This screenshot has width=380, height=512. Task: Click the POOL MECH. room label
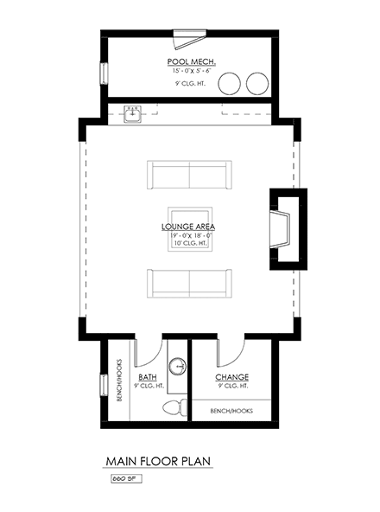(x=191, y=61)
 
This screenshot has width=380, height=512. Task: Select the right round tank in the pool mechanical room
(x=257, y=83)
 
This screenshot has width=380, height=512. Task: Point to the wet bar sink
(x=133, y=112)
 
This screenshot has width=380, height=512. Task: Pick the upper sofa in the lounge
(x=189, y=175)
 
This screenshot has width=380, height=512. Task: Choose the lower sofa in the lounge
(x=189, y=284)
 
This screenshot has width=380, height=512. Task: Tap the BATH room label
(x=148, y=377)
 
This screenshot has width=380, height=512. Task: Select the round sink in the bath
(x=178, y=367)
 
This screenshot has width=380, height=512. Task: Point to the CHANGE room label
(x=231, y=377)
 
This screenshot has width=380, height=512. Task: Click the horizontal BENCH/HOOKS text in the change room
(x=231, y=411)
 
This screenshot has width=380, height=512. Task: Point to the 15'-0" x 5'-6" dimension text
(x=191, y=71)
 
